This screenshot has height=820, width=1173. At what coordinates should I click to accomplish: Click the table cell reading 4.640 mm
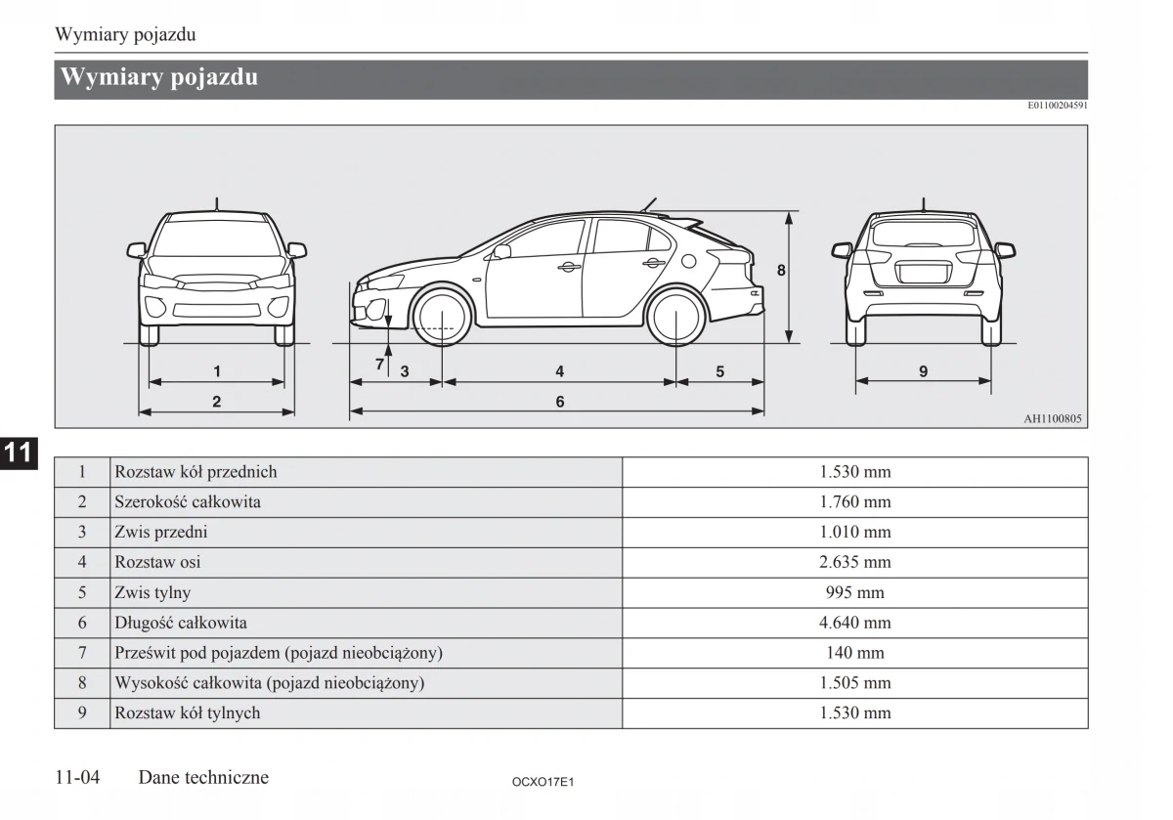855,623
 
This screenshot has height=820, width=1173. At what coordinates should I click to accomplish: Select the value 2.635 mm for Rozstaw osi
855,562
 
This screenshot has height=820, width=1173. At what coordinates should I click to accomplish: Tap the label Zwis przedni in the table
161,533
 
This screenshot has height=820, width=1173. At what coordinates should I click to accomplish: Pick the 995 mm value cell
855,592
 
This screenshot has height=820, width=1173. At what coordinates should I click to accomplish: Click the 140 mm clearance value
855,653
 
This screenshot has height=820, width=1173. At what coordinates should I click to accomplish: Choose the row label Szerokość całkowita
188,502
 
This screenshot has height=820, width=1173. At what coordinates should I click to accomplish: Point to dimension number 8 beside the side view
781,270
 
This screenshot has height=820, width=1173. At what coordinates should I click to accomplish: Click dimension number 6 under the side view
560,402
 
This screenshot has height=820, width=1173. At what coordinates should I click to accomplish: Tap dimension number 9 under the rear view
923,371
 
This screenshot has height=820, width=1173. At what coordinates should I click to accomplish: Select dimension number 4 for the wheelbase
560,371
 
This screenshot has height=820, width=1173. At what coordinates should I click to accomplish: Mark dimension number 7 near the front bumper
380,365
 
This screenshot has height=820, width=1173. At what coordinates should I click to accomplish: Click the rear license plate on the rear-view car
923,273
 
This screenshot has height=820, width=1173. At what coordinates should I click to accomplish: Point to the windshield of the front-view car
217,237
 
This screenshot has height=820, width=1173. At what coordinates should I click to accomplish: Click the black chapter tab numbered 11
18,453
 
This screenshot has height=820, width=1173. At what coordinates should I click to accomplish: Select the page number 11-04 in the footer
78,778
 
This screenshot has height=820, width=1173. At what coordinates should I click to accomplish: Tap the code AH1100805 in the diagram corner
1053,419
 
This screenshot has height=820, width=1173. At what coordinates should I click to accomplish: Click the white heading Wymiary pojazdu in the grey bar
159,77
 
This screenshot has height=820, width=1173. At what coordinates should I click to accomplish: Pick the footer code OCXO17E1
542,782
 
